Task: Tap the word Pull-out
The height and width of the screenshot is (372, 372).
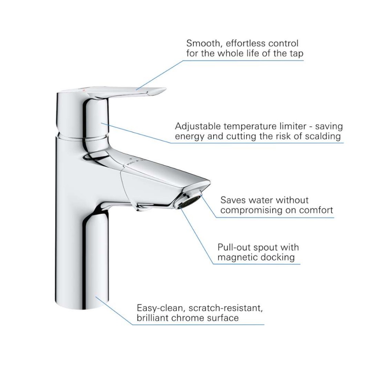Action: [234, 247]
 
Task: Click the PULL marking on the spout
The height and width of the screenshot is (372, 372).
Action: [130, 163]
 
